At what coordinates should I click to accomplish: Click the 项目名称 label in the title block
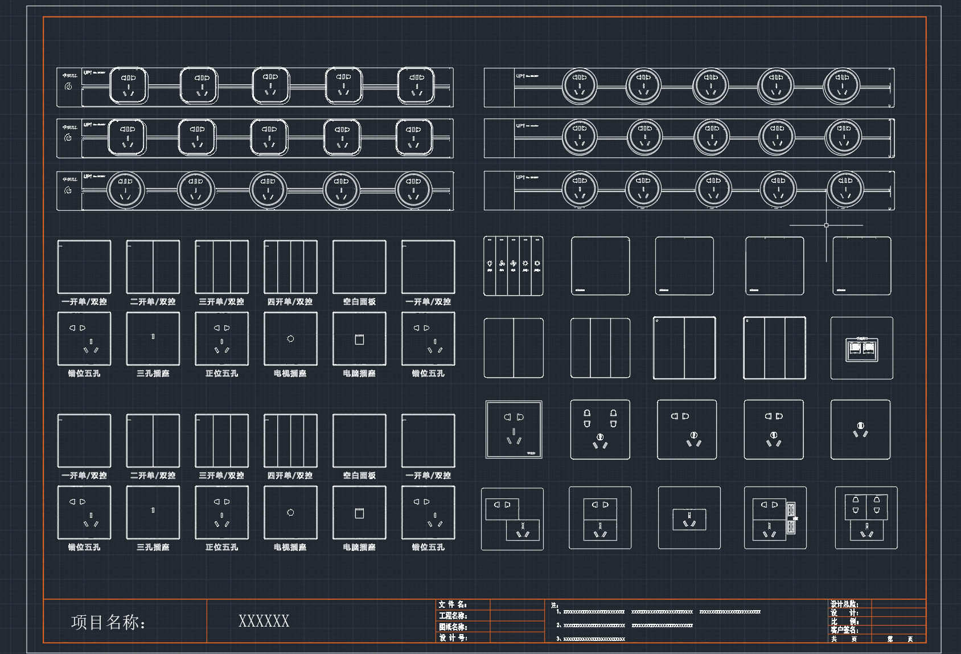(108, 622)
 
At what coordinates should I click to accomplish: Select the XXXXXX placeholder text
(264, 621)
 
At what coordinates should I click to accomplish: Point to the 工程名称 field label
(453, 616)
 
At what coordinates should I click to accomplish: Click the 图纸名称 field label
(453, 627)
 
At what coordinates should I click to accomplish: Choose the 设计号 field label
(453, 638)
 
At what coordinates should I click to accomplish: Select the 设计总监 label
(844, 604)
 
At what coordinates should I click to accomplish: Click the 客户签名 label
(844, 630)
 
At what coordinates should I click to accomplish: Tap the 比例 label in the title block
(844, 622)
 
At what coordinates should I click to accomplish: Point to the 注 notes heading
(555, 605)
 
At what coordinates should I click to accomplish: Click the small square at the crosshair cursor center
(826, 226)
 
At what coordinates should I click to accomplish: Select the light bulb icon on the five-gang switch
(490, 264)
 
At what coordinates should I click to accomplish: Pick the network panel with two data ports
(861, 348)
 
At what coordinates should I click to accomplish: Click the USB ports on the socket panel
(791, 518)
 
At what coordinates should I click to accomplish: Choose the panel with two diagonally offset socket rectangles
(512, 518)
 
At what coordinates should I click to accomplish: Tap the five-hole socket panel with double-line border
(514, 430)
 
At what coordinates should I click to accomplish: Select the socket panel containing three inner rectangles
(866, 518)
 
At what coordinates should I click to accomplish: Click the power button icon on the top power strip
(68, 87)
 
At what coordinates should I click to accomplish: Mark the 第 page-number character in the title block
(890, 639)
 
